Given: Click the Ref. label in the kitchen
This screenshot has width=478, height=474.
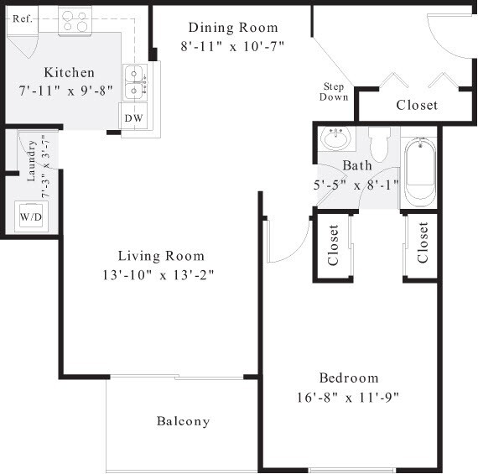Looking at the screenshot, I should coord(22,17).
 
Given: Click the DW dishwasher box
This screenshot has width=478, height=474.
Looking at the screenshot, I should coord(133,118).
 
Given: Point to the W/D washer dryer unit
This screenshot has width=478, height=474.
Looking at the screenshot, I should coord(31,216).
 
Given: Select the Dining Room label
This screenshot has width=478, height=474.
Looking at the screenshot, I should coord(232,28).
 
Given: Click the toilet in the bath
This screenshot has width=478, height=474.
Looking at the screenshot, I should coord(380,143).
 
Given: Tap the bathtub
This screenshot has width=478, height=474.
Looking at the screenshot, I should coord(418,173).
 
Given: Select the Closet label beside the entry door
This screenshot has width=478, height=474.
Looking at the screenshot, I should coord(417,105).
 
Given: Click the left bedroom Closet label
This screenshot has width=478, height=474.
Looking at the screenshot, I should coord(333,244).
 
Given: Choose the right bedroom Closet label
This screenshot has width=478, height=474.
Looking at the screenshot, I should coord(422,242).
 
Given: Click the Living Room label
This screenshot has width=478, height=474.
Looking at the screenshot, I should coord(161,256).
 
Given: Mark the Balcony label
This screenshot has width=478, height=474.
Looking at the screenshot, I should coord(183,421).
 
